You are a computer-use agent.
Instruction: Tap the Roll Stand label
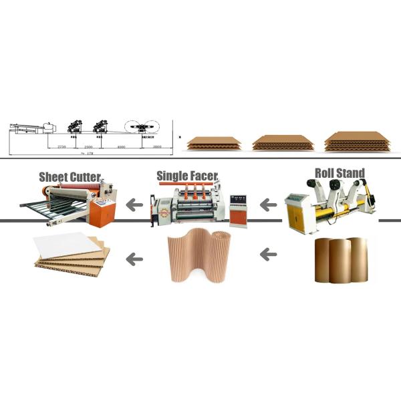340,174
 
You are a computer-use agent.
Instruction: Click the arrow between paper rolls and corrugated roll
268,254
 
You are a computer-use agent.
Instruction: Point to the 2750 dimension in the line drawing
61,145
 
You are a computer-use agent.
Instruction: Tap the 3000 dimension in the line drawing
156,145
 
